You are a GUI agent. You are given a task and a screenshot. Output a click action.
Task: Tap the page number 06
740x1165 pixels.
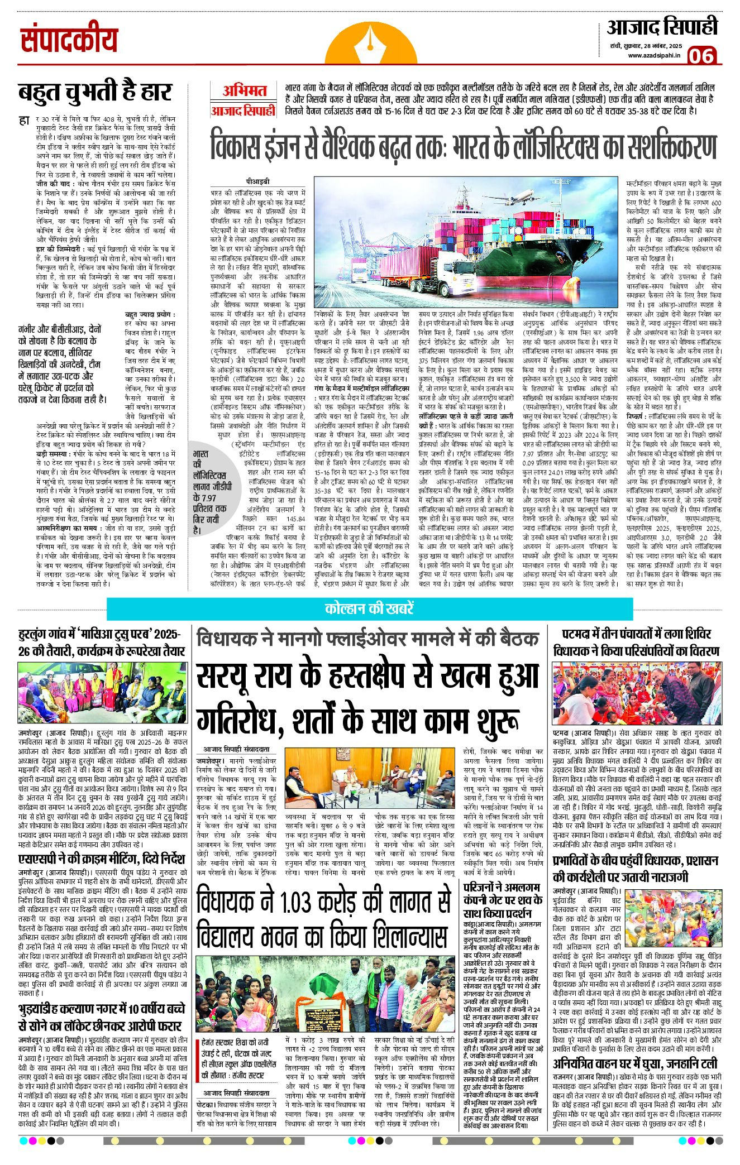(701, 56)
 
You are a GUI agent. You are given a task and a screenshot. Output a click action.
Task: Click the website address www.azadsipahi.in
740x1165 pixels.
(653, 55)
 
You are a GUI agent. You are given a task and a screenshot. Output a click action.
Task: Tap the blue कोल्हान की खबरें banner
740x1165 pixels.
(369, 608)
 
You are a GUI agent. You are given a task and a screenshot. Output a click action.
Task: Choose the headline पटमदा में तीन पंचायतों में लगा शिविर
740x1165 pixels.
(636, 634)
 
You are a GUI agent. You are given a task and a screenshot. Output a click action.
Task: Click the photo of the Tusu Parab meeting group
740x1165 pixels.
(103, 693)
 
